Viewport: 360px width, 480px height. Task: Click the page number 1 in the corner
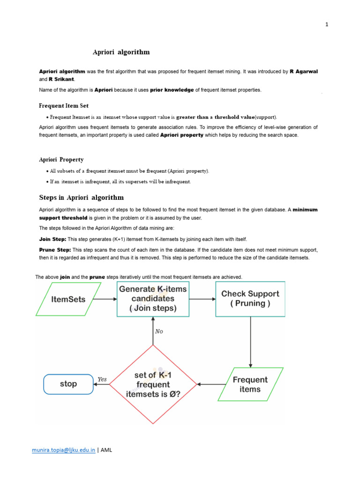[327, 25]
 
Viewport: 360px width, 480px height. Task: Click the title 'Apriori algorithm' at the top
[121, 52]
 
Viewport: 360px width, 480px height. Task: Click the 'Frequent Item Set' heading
[63, 106]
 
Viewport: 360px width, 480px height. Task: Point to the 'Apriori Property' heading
[61, 160]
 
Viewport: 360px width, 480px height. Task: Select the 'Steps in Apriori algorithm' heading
[81, 197]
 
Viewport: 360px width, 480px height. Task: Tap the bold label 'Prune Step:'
[55, 250]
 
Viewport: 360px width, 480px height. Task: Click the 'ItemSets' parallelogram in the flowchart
[68, 299]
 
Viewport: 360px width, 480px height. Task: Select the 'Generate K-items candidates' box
[153, 299]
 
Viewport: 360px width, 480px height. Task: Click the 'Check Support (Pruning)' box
[250, 299]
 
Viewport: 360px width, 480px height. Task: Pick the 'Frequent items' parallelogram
[250, 384]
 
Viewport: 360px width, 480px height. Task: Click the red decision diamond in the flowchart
[153, 384]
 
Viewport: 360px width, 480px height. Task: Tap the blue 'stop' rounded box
[68, 384]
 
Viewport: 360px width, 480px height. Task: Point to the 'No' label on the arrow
[159, 331]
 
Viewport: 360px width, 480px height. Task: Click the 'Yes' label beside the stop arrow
[102, 379]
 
